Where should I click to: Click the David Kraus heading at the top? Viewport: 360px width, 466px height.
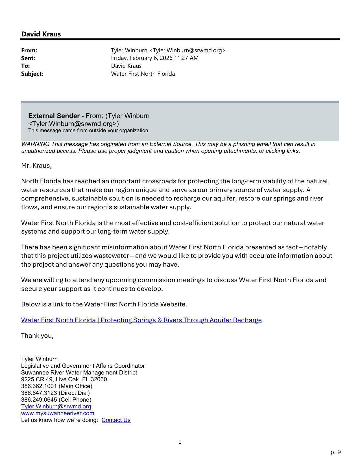click(41, 34)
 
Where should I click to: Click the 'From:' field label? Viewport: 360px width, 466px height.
click(29, 50)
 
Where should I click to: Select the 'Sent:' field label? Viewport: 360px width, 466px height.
click(28, 58)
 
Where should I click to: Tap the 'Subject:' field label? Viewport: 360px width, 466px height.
click(32, 74)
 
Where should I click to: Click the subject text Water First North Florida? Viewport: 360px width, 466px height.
click(143, 74)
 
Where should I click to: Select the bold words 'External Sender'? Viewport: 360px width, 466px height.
click(54, 116)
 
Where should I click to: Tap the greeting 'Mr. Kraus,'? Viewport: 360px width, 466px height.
click(36, 166)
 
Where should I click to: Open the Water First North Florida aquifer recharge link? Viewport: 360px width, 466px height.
click(141, 320)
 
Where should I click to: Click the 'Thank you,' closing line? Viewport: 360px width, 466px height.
click(37, 336)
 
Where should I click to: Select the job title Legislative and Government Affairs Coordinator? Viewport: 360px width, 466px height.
click(83, 366)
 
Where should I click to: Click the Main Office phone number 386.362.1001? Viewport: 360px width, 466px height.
click(39, 386)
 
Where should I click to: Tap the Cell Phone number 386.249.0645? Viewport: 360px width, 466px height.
click(39, 400)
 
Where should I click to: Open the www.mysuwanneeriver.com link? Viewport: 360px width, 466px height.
click(58, 413)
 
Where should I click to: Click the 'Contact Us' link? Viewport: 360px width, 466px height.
click(116, 420)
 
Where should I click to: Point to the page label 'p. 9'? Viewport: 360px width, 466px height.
click(335, 452)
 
